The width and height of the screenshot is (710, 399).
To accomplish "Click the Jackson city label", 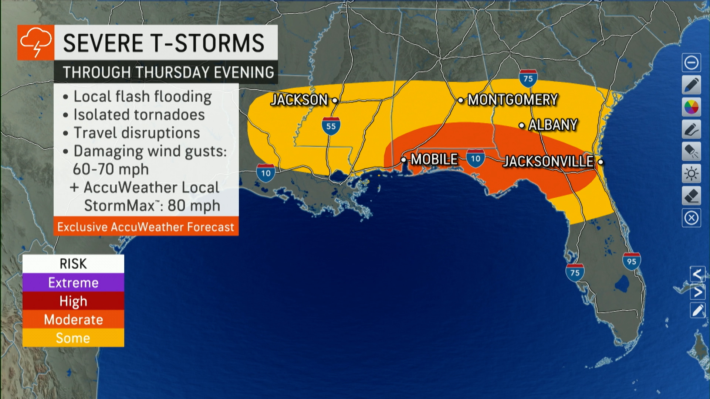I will tap(300, 100).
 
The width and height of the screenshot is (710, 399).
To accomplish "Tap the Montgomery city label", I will tap(513, 100).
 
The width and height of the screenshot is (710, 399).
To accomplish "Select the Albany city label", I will tap(552, 125).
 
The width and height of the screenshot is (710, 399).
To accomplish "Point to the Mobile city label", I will tap(434, 160).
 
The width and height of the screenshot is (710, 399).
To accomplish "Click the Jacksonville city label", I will tap(549, 161).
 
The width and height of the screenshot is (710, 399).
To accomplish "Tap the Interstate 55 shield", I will tap(331, 126).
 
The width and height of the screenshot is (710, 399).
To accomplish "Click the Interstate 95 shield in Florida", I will tap(632, 261).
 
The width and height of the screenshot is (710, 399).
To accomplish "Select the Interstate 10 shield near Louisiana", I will tap(266, 173).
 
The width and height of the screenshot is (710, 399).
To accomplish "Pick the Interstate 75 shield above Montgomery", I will tap(528, 78).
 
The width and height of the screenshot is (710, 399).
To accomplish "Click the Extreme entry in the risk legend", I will tap(73, 283).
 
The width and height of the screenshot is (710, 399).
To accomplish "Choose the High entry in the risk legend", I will tap(73, 301).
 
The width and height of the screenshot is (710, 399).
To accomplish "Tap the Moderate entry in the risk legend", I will tap(73, 320).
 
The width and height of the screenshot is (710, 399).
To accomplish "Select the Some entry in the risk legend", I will tap(73, 338).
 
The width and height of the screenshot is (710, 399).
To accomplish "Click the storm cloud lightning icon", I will tap(36, 42).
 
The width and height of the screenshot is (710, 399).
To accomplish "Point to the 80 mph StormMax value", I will tap(194, 205).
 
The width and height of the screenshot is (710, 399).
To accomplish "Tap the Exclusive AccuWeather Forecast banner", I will tap(146, 226).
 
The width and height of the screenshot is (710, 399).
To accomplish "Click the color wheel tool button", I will tap(691, 108).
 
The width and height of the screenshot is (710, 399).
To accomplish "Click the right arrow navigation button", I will tap(697, 292).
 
